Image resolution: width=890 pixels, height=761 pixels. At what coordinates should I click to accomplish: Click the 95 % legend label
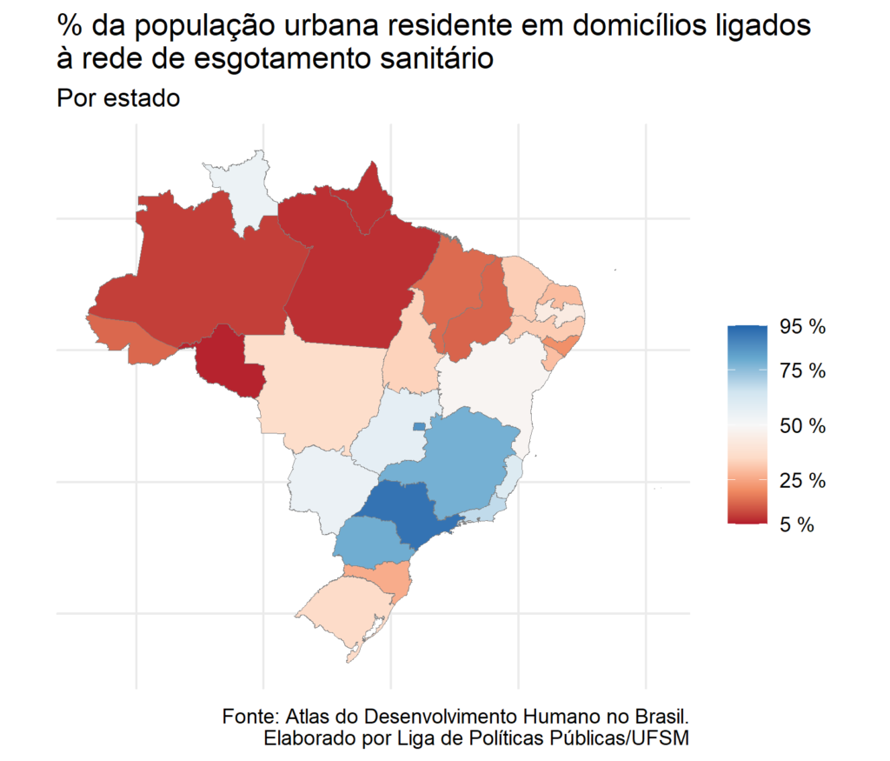[x=802, y=327]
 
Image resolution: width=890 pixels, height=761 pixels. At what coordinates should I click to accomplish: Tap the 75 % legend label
[x=802, y=370]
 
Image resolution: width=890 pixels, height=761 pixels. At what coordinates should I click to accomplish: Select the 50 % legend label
[x=802, y=426]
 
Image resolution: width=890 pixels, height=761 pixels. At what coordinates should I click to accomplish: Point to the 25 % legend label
[x=802, y=480]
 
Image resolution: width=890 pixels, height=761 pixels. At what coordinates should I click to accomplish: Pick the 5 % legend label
[x=795, y=525]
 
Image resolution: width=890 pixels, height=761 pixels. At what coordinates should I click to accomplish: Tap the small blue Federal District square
[x=419, y=426]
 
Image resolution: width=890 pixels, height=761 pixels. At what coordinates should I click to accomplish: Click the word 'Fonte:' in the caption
[x=249, y=718]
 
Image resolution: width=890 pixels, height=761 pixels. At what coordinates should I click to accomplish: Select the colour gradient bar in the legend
[x=747, y=424]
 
